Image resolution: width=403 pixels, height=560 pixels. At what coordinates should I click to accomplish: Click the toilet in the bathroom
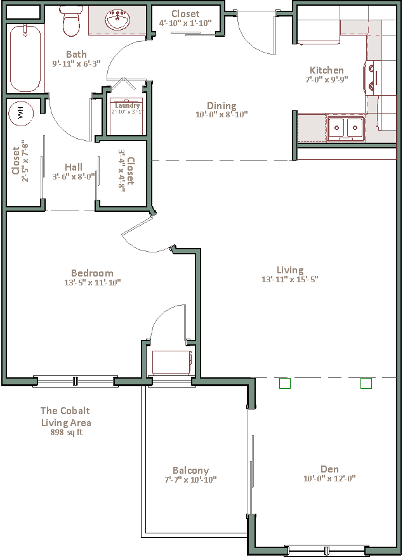click(x=72, y=23)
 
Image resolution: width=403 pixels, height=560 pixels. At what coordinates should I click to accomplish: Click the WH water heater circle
click(x=20, y=114)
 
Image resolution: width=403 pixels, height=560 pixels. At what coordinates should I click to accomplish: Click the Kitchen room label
click(x=326, y=70)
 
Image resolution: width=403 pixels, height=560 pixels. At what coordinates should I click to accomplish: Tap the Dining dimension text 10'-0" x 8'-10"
click(x=221, y=115)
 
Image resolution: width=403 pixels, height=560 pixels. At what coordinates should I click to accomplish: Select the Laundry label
click(x=127, y=105)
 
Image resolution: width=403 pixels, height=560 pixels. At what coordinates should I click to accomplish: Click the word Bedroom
click(x=92, y=273)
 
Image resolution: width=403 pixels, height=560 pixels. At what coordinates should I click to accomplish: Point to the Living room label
click(x=289, y=270)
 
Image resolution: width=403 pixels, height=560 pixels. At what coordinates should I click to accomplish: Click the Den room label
click(x=329, y=469)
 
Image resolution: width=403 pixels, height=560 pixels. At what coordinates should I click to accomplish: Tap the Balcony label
click(x=190, y=471)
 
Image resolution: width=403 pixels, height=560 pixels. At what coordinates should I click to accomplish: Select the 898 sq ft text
click(x=66, y=433)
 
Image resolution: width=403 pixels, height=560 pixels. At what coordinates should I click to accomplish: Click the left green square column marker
click(x=285, y=383)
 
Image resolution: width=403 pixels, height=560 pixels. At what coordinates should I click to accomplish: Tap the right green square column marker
click(x=366, y=383)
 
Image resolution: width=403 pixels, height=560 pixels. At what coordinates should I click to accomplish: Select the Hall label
click(x=74, y=167)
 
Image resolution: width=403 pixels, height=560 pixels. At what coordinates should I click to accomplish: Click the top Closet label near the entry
click(x=185, y=13)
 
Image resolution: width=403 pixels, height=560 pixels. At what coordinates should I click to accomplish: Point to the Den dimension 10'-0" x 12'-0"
click(x=329, y=479)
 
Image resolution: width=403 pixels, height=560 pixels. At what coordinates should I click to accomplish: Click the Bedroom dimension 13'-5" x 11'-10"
click(x=92, y=282)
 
